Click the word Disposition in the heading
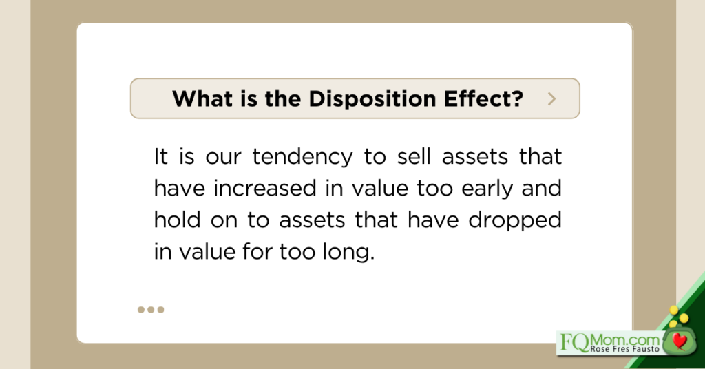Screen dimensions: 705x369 point(372,99)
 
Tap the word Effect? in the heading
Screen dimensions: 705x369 point(484,98)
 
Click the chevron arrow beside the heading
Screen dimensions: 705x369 point(551,99)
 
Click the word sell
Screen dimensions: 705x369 point(414,156)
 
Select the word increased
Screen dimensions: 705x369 point(265,188)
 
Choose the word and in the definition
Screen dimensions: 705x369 point(541,188)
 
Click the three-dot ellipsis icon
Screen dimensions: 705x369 point(151,310)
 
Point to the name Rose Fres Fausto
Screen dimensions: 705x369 point(625,349)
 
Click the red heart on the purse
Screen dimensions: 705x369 point(679,341)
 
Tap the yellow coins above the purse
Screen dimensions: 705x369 point(677,317)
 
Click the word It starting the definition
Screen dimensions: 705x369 point(161,156)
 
